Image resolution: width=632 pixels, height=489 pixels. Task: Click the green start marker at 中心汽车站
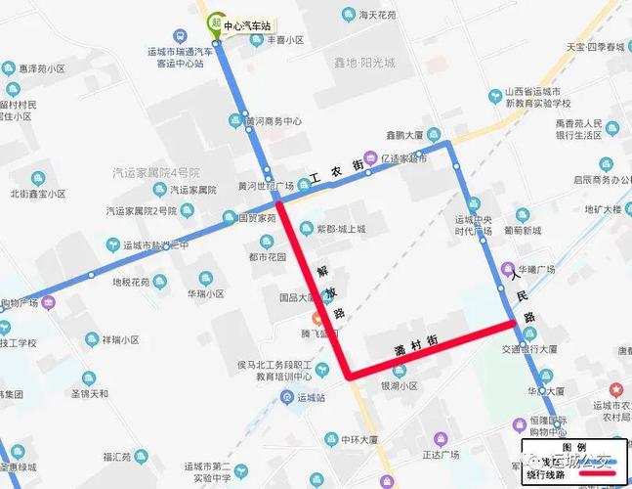coord(212,22)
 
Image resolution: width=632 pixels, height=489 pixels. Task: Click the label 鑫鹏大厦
coord(401,136)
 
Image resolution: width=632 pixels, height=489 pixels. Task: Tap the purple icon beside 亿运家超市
coord(370,156)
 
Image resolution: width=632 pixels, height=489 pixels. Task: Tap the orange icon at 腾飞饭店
coord(316,320)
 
